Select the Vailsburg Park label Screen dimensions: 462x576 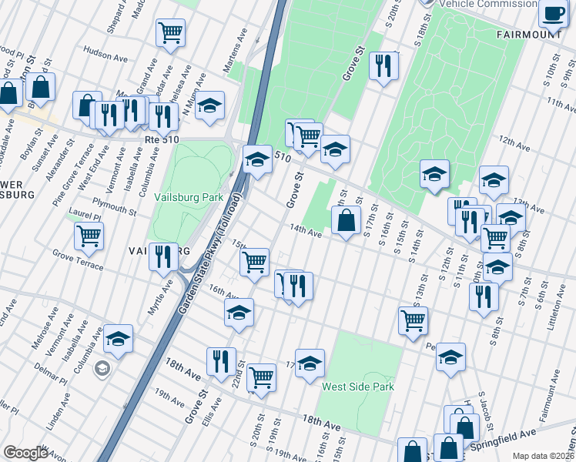(x=188, y=197)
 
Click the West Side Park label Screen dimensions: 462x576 (x=358, y=387)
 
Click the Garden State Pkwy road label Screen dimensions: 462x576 (x=210, y=257)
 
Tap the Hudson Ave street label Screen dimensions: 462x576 (x=105, y=55)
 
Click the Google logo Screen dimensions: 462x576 (x=25, y=453)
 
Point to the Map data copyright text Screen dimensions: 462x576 (x=544, y=456)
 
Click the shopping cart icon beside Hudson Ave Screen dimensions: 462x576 (x=170, y=32)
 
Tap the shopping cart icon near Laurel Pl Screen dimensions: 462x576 (x=89, y=236)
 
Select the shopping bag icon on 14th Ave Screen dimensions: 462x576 (x=347, y=220)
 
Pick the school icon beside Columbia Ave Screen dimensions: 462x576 (x=118, y=338)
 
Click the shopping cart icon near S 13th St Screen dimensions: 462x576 (x=413, y=319)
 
